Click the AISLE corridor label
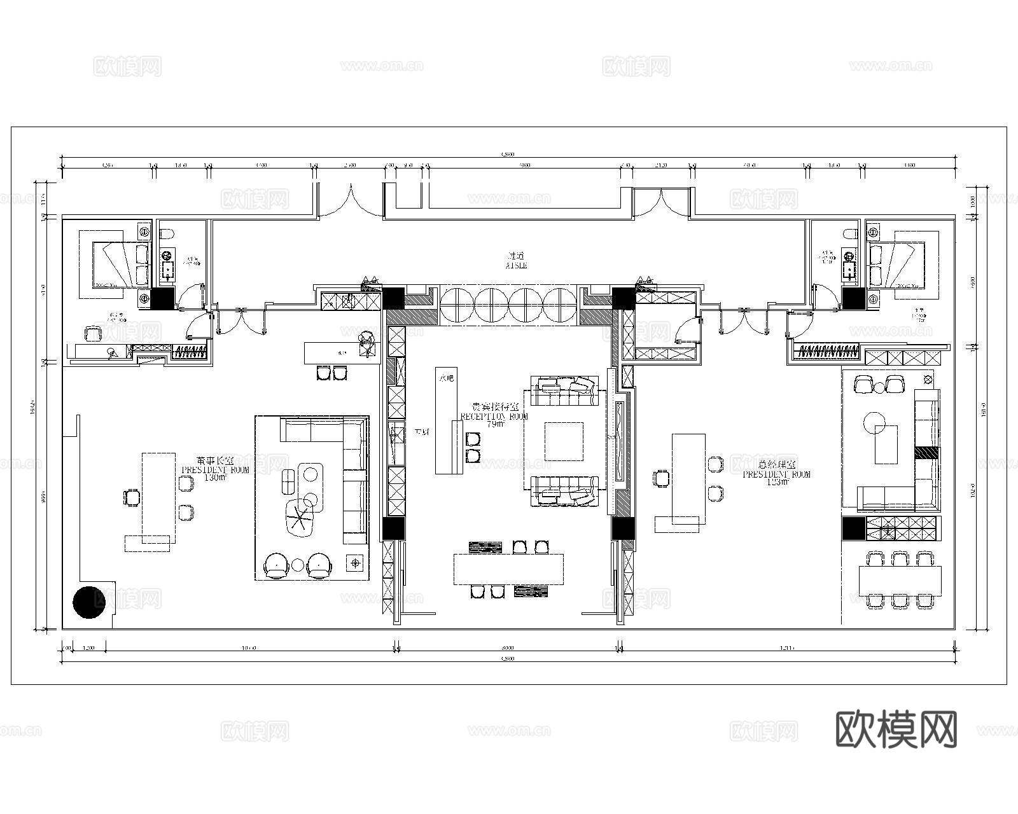pyautogui.click(x=516, y=266)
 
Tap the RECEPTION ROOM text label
pyautogui.click(x=494, y=417)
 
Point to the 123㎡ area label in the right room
pyautogui.click(x=777, y=482)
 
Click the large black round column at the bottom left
pyautogui.click(x=89, y=602)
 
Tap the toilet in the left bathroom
pyautogui.click(x=167, y=236)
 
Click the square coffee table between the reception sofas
pyautogui.click(x=564, y=441)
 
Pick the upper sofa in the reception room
pyautogui.click(x=565, y=390)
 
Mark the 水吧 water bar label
pyautogui.click(x=447, y=378)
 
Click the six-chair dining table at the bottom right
pyautogui.click(x=900, y=579)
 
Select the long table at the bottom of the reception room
pyautogui.click(x=508, y=569)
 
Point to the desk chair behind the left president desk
pyautogui.click(x=131, y=497)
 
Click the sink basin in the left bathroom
pyautogui.click(x=168, y=270)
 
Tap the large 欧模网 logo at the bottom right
pyautogui.click(x=895, y=729)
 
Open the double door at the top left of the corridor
pyautogui.click(x=351, y=200)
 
